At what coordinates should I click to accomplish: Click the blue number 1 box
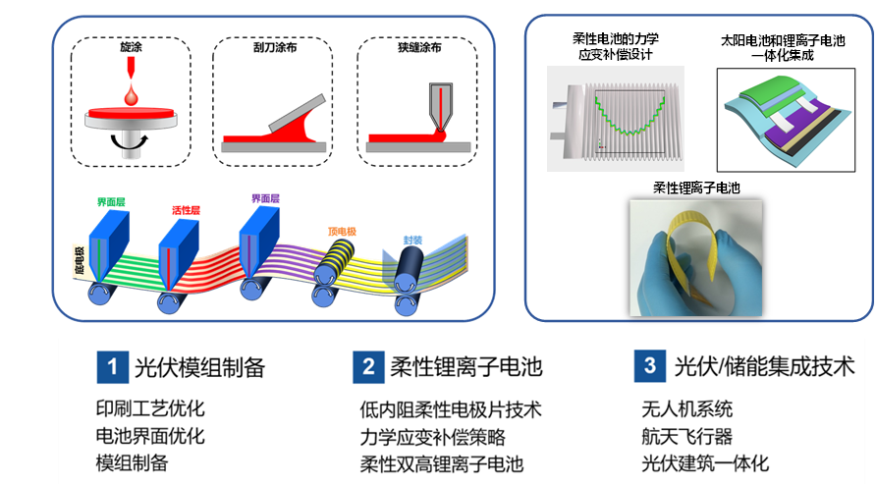tap(112, 367)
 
